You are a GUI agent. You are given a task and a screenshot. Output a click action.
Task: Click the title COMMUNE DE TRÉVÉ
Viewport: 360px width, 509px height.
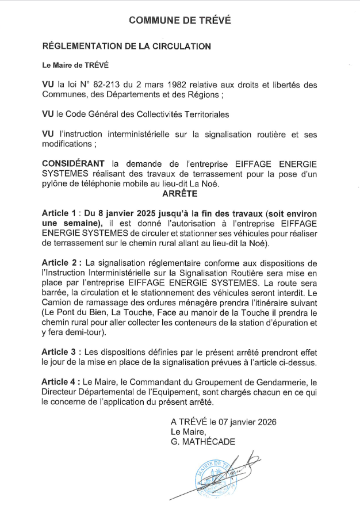click(x=179, y=20)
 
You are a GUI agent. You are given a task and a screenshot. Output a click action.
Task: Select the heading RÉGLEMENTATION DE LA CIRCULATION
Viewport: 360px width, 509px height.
click(x=127, y=46)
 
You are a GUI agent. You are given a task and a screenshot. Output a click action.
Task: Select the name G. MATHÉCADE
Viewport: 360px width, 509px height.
click(x=203, y=441)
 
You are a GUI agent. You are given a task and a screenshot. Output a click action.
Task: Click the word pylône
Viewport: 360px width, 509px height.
click(x=59, y=184)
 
